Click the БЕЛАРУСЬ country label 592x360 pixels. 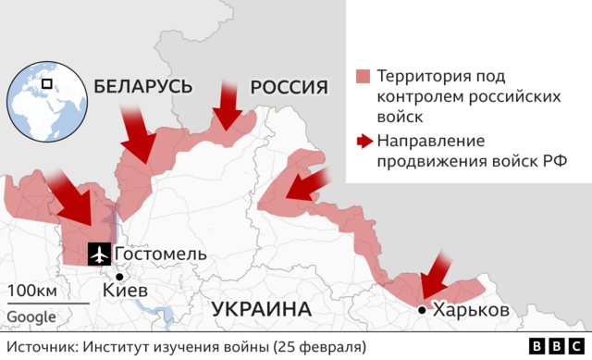point(142,87)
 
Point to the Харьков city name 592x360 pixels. point(471,310)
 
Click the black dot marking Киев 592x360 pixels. point(119,276)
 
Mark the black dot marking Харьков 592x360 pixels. point(422,310)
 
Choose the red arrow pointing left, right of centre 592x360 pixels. point(306,185)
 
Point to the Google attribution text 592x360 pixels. point(31,317)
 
